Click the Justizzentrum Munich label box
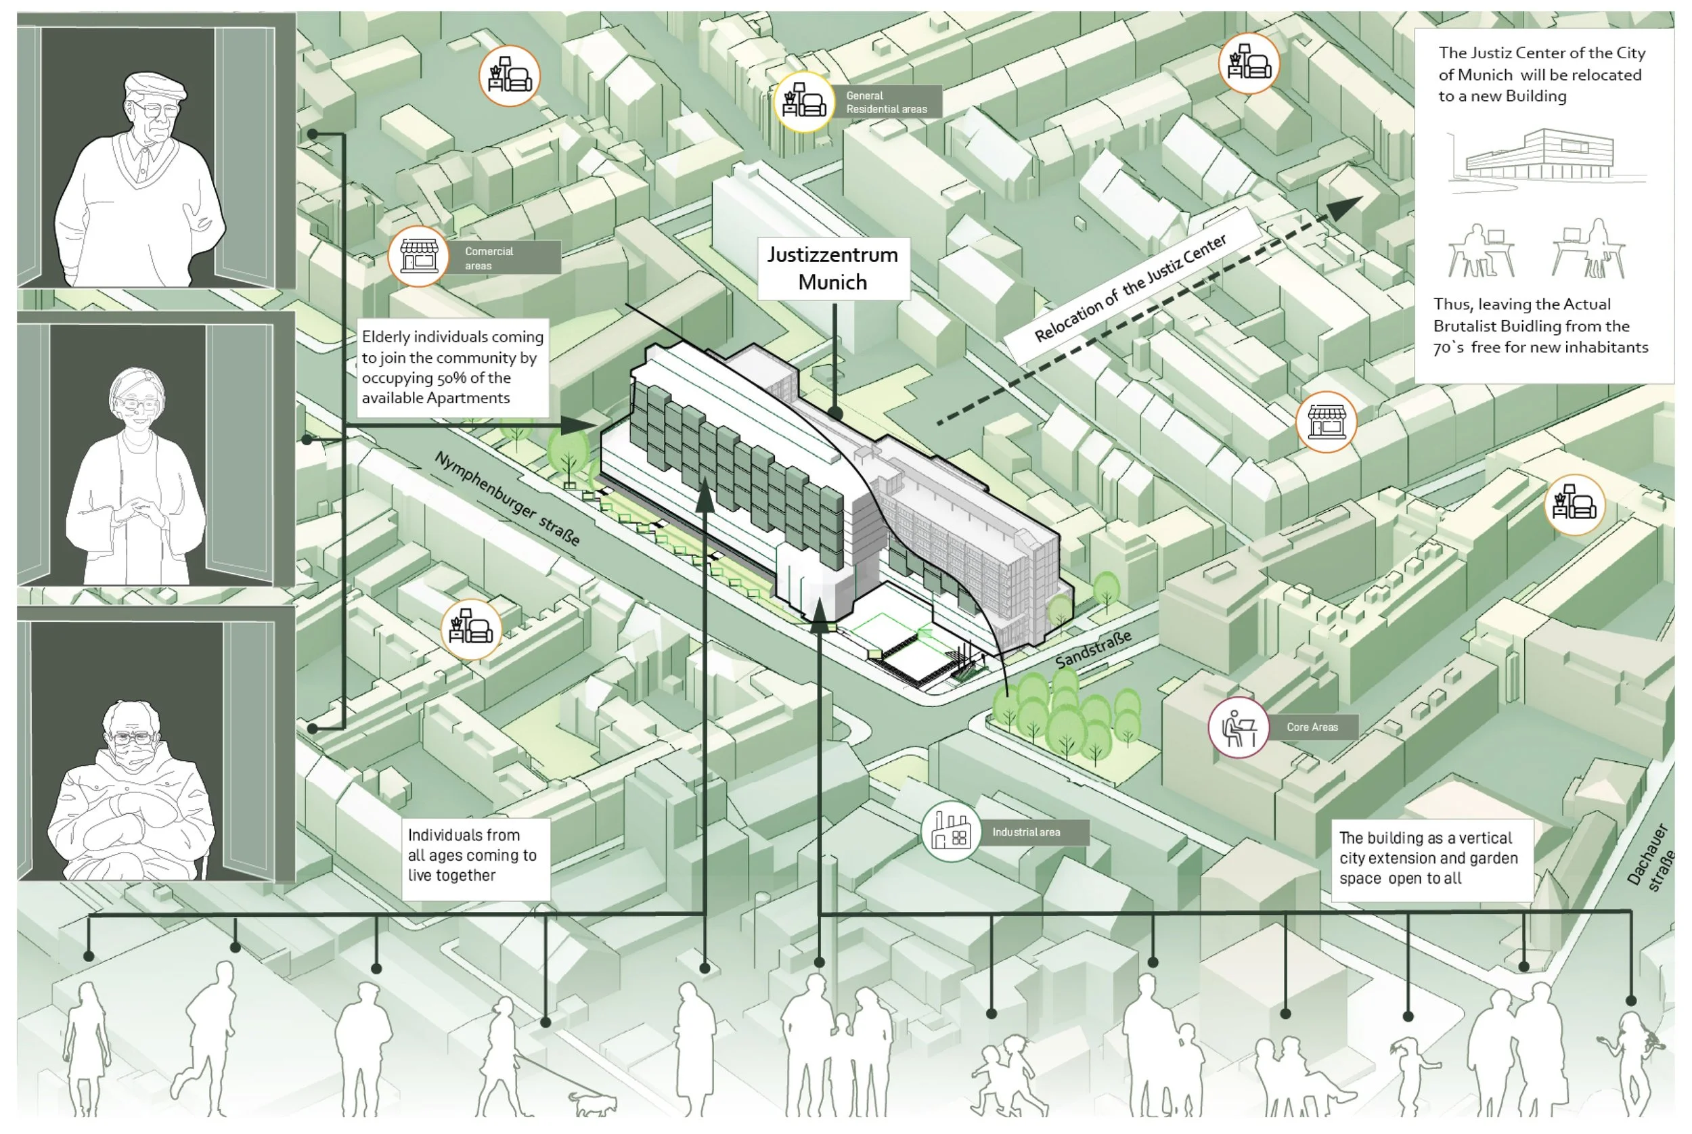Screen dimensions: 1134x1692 832,269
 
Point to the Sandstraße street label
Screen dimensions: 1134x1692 1092,649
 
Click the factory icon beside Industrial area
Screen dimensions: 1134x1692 950,832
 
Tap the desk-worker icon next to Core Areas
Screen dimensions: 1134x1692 1237,727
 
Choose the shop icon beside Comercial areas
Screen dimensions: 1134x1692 419,256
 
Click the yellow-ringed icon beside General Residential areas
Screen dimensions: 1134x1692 803,102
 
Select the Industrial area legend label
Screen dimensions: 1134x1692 1026,832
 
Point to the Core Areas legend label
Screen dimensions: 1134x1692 1312,727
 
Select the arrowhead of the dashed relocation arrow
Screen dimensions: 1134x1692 1345,207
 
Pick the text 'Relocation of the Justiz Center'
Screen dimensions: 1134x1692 1130,288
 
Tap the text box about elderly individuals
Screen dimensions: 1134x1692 452,367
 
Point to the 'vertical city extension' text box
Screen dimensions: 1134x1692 1431,859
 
